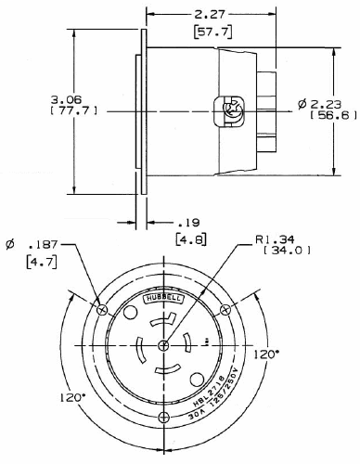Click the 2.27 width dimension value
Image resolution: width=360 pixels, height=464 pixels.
coord(208,14)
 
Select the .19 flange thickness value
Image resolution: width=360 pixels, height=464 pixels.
coord(187,223)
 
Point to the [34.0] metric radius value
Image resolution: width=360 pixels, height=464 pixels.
coord(287,251)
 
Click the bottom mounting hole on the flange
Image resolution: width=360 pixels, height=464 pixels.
coord(164,418)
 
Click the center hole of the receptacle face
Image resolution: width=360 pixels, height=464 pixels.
coord(164,345)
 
